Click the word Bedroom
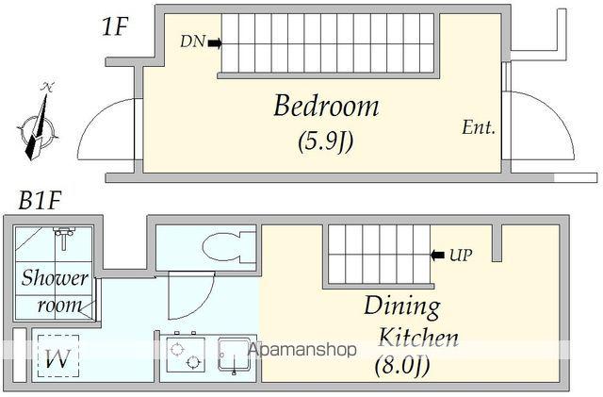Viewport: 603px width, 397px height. pos(326,106)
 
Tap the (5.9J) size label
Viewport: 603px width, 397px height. pos(326,141)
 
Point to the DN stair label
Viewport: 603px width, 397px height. pos(192,41)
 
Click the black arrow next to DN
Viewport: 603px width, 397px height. pos(215,42)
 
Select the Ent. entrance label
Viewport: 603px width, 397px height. pos(479,127)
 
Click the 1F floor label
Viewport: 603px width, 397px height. pos(114,26)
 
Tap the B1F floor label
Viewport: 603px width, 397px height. pos(40,200)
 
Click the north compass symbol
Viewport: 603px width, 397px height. pos(38,124)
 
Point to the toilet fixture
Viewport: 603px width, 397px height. pos(229,246)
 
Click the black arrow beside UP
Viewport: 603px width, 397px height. pos(437,255)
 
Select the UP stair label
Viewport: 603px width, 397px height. pos(461,255)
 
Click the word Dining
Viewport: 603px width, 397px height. pos(402,306)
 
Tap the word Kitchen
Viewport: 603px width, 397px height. pos(418,338)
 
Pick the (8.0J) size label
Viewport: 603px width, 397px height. pos(402,366)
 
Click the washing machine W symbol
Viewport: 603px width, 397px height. pos(58,357)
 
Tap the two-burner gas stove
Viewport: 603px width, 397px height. pos(186,354)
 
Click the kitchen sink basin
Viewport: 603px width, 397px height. pos(235,355)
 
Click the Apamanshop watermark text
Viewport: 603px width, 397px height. pos(302,350)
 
